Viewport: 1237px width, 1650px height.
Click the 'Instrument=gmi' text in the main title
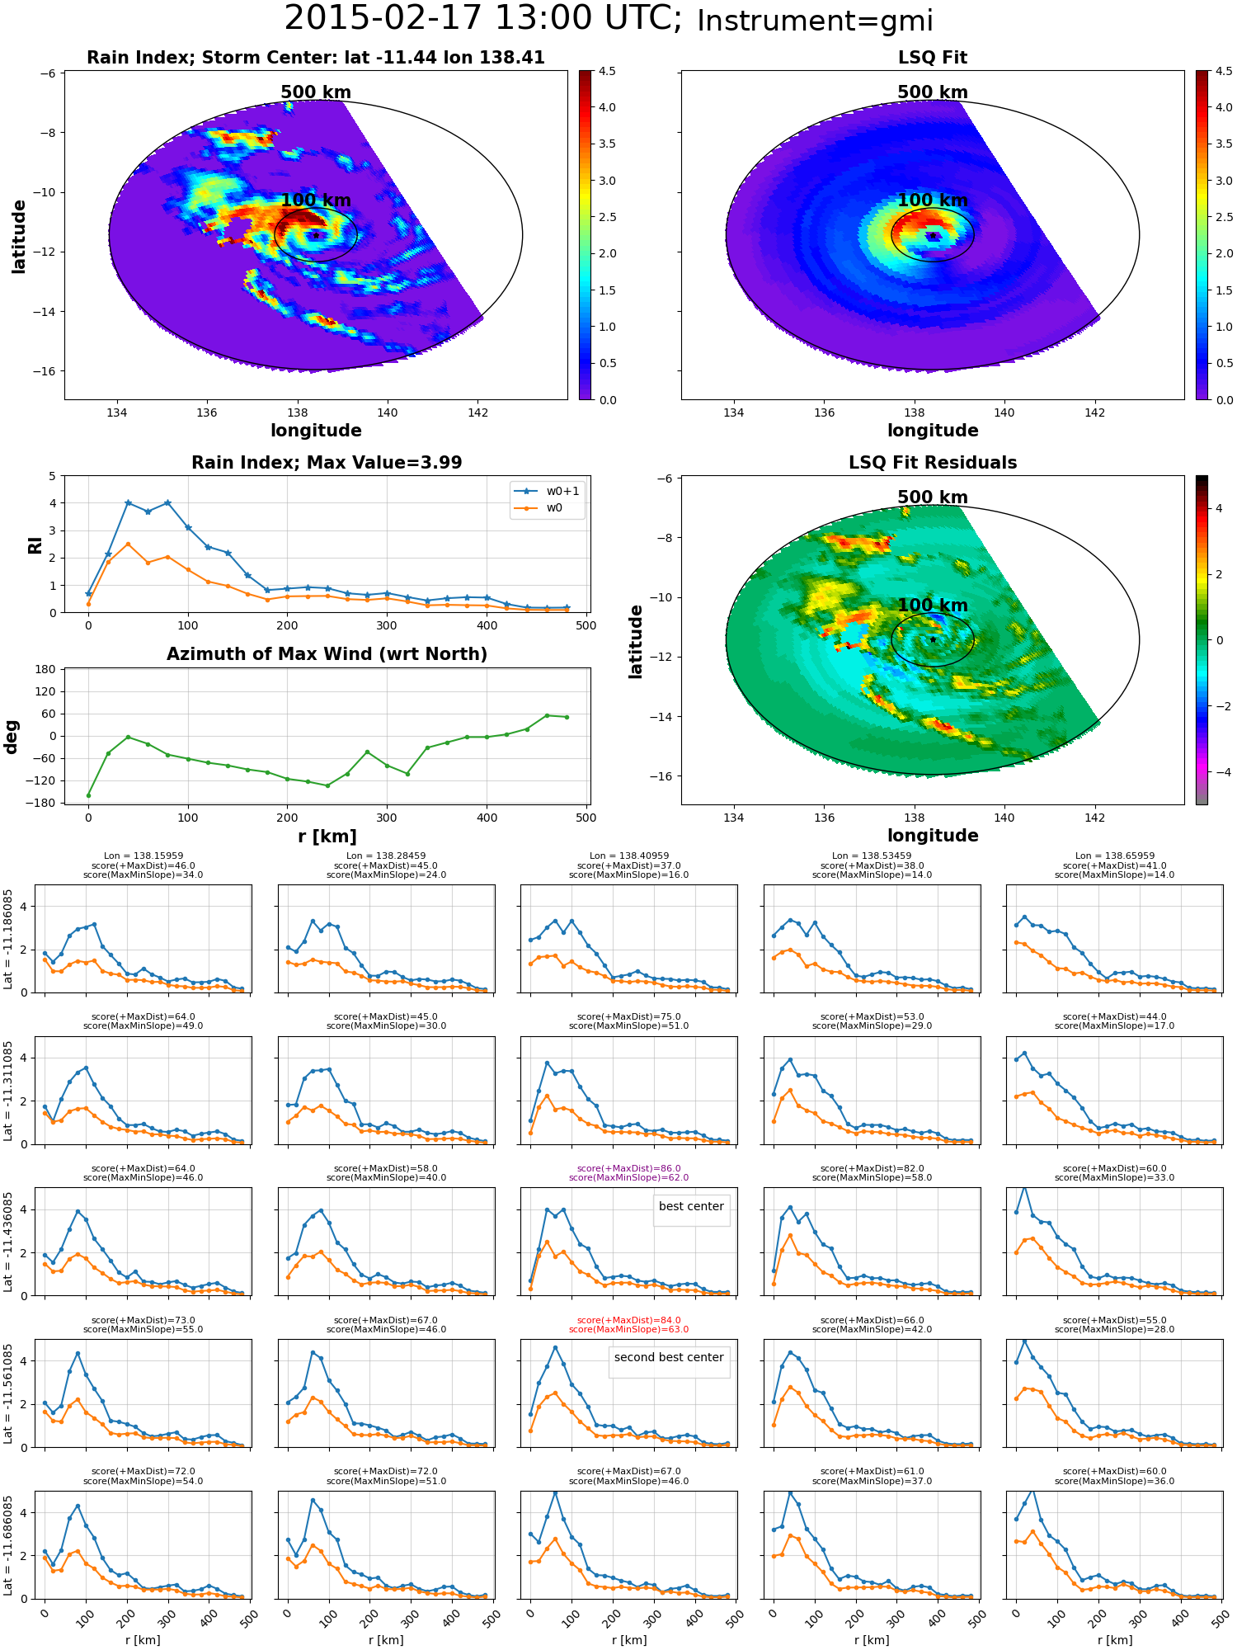pos(815,21)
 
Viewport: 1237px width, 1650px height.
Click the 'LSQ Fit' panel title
pos(933,58)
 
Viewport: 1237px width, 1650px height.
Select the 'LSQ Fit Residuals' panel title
pos(933,463)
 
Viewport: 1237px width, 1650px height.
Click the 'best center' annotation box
pos(691,1206)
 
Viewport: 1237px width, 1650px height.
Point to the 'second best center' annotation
pos(669,1357)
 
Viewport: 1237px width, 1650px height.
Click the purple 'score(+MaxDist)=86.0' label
pos(629,1168)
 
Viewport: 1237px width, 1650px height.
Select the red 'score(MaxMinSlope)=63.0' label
pos(629,1329)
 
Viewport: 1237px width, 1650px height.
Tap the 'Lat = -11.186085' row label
pos(8,939)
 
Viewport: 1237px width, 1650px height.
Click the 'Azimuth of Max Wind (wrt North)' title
pos(327,654)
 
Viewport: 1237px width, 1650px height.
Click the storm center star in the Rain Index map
pos(316,235)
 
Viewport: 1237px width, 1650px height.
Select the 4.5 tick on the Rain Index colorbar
pos(607,72)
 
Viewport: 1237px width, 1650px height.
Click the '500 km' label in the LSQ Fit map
pos(933,92)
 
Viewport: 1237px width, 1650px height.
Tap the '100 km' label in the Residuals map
pos(933,606)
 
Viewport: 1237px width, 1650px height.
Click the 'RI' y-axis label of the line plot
pos(35,545)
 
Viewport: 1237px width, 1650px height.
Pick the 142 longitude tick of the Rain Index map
pos(477,412)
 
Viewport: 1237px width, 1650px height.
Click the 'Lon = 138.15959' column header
pos(143,856)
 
